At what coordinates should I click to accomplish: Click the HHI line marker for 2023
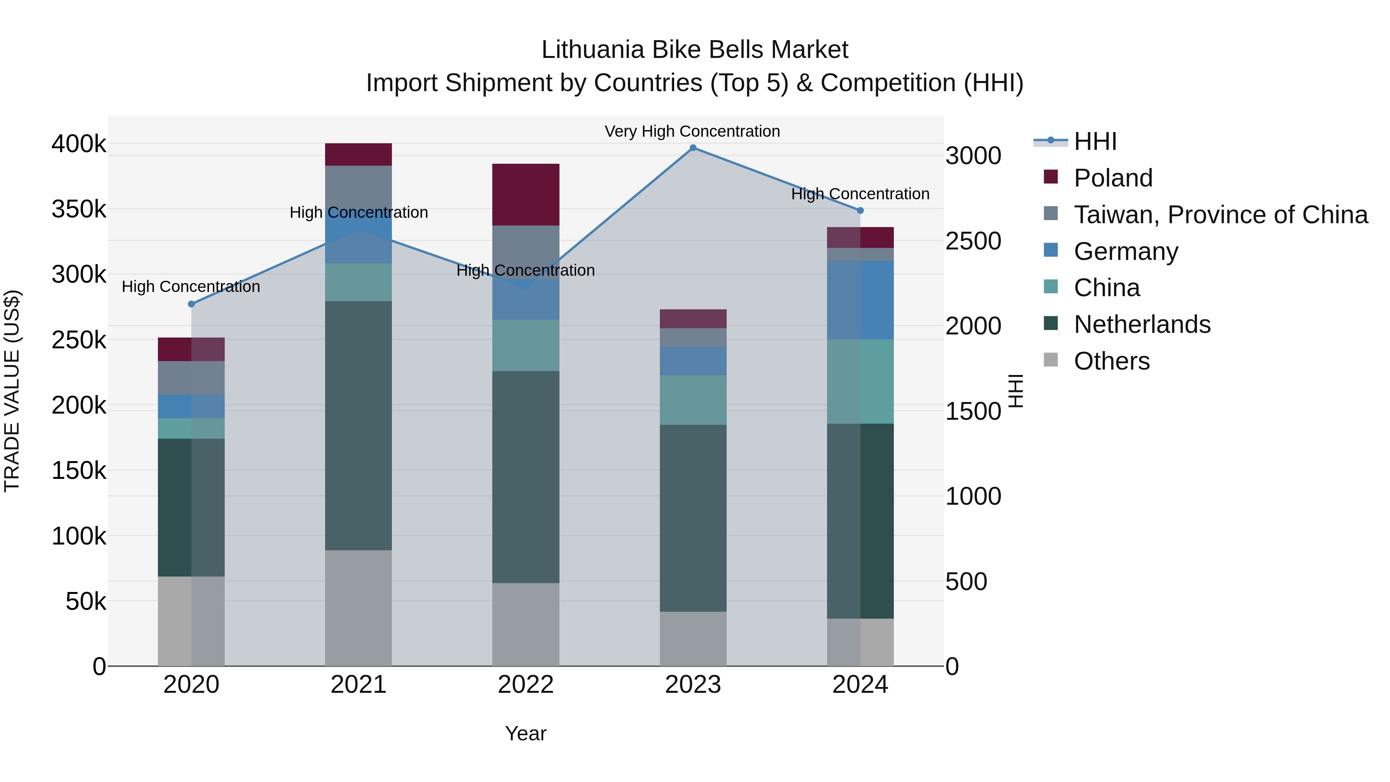pyautogui.click(x=693, y=148)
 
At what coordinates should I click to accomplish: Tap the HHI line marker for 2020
pyautogui.click(x=191, y=304)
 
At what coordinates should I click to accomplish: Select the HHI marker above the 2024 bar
pyautogui.click(x=860, y=210)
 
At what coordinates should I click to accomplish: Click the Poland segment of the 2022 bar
pyautogui.click(x=525, y=194)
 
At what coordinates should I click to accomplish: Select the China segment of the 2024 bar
pyautogui.click(x=860, y=381)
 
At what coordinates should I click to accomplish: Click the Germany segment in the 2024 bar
pyautogui.click(x=860, y=300)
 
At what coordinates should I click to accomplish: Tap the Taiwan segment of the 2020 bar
pyautogui.click(x=191, y=378)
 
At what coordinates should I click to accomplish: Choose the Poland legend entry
pyautogui.click(x=1113, y=178)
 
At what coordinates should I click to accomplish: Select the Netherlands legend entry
pyautogui.click(x=1142, y=324)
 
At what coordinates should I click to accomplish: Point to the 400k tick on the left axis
pyautogui.click(x=79, y=144)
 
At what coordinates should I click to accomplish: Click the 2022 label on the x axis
pyautogui.click(x=525, y=685)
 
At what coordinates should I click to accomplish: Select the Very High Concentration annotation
pyautogui.click(x=692, y=131)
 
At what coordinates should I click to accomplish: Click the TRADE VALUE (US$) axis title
pyautogui.click(x=12, y=391)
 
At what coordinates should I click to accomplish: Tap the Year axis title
pyautogui.click(x=525, y=733)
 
